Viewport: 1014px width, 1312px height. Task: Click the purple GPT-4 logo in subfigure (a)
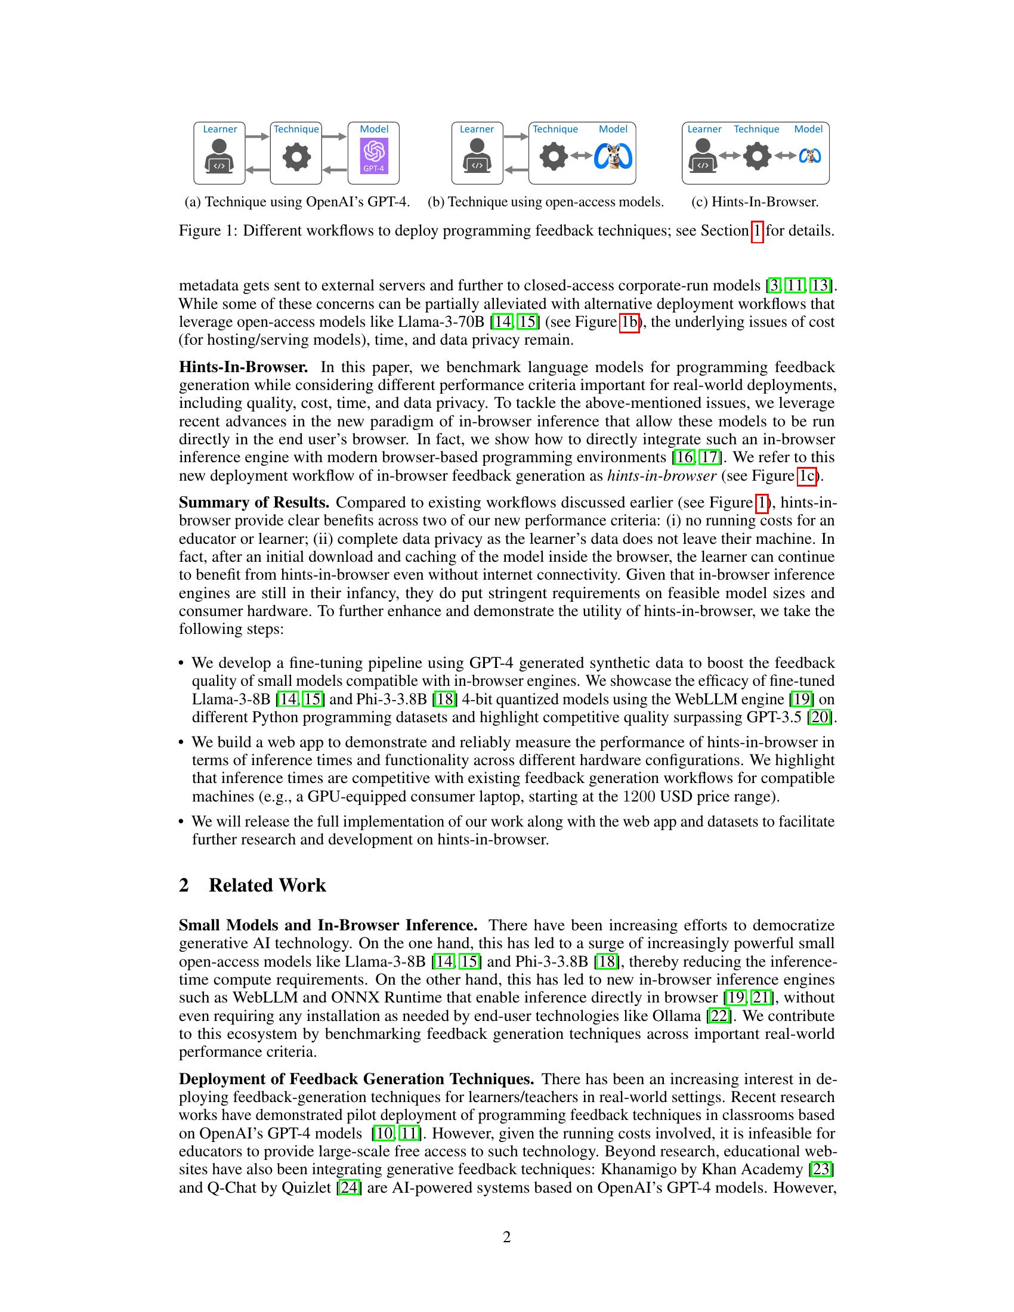pyautogui.click(x=373, y=156)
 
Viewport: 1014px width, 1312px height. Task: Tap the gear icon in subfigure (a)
pyautogui.click(x=297, y=157)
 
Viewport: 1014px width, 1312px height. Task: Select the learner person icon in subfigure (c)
pyautogui.click(x=702, y=156)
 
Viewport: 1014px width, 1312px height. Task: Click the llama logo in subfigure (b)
pyautogui.click(x=613, y=157)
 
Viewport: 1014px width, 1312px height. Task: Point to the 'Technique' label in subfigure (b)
pyautogui.click(x=555, y=129)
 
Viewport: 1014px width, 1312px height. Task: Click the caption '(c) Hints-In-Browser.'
pyautogui.click(x=755, y=202)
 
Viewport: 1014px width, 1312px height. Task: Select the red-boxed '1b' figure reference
pyautogui.click(x=629, y=322)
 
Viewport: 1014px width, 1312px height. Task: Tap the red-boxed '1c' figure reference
pyautogui.click(x=808, y=476)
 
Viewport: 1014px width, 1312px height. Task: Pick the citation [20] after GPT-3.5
pyautogui.click(x=820, y=717)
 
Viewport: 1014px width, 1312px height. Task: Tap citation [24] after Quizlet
pyautogui.click(x=349, y=1187)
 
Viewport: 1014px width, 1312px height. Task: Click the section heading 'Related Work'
pyautogui.click(x=267, y=886)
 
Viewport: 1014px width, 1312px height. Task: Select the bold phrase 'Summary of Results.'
pyautogui.click(x=254, y=502)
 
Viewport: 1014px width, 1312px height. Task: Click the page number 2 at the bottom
pyautogui.click(x=506, y=1237)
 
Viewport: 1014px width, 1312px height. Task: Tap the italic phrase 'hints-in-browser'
pyautogui.click(x=662, y=476)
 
